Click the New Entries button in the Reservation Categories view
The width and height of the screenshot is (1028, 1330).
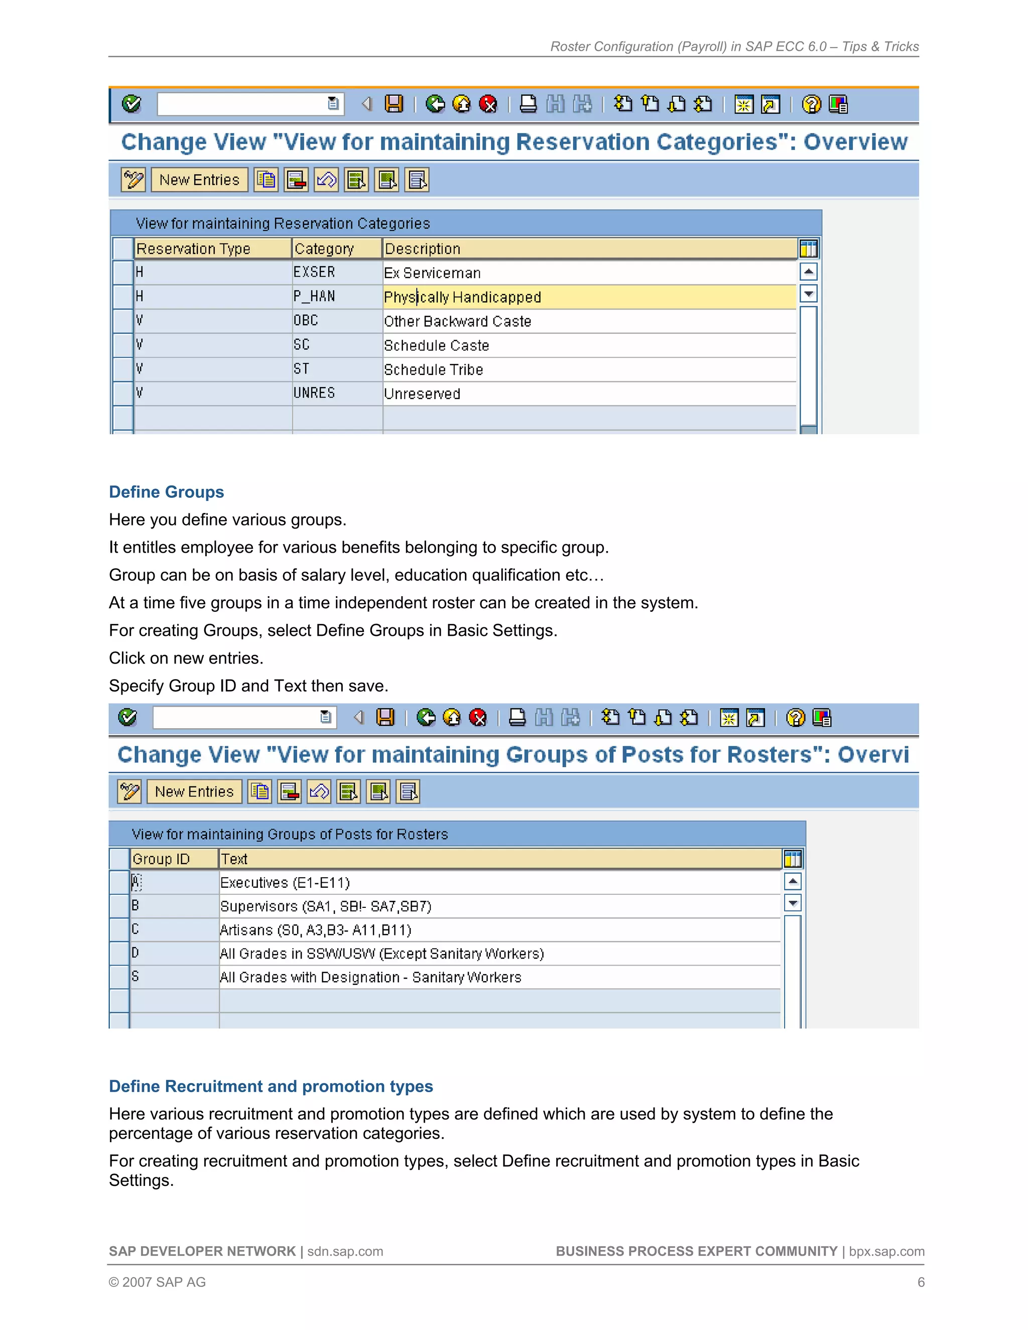pos(199,180)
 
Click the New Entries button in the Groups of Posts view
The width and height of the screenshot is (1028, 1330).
pos(194,791)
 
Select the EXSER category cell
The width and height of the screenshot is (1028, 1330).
pos(314,272)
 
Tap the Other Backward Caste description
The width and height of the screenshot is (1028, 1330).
pos(457,321)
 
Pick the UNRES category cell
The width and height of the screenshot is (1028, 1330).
pos(314,393)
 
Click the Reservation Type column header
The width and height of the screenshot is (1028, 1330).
pos(194,248)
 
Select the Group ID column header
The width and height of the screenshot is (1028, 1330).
pos(162,859)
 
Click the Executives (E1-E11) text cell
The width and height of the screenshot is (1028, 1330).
pos(285,882)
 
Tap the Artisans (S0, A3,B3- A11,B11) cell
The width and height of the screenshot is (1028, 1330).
pos(315,930)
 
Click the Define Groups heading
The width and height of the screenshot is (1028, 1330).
pos(166,492)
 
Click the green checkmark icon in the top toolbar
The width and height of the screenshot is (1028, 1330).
pos(131,104)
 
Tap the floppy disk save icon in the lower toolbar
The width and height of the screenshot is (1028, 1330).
pos(385,717)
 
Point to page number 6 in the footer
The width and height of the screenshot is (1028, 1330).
pos(921,1282)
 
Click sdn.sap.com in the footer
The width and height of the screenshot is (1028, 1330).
pos(345,1251)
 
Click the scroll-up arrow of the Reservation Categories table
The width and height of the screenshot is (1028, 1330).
pos(808,272)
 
